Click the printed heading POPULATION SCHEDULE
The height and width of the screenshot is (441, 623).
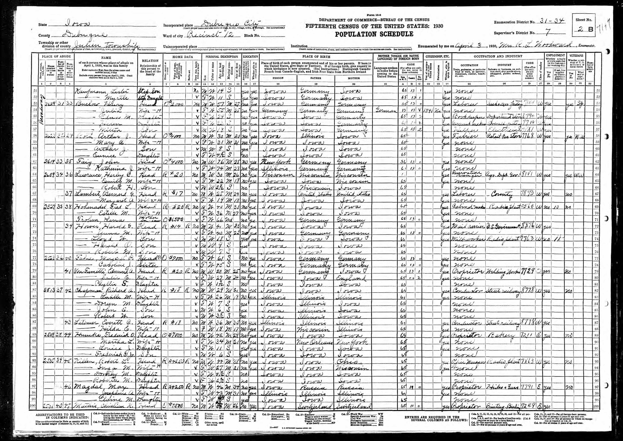[x=374, y=34]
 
